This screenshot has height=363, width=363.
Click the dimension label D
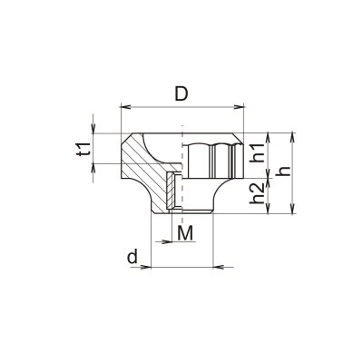[181, 93]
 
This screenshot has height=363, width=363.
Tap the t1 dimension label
[83, 149]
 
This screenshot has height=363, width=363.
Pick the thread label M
[185, 233]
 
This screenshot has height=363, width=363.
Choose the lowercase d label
[132, 257]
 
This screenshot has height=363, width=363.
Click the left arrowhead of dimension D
[125, 106]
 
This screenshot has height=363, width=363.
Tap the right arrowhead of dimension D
[239, 106]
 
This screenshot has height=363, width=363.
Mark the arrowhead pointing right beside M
[167, 241]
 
